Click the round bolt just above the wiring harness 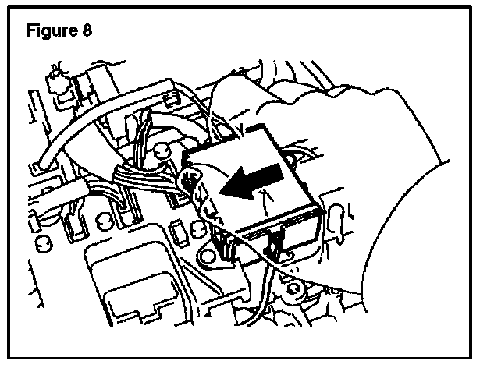coord(162,147)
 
